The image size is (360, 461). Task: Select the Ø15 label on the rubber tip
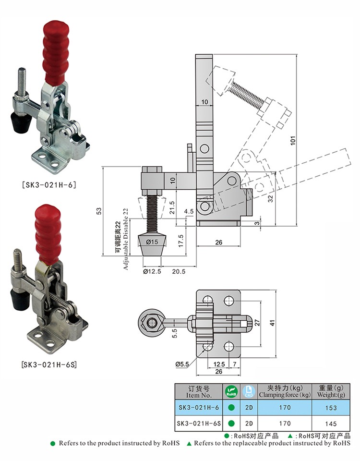(x=153, y=242)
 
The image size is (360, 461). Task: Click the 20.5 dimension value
(x=179, y=271)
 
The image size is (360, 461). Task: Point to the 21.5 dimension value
(x=172, y=206)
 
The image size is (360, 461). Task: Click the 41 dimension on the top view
(x=273, y=323)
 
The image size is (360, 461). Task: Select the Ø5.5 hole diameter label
(x=182, y=364)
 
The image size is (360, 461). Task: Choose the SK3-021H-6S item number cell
(x=198, y=424)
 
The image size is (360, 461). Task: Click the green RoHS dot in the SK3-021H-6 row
(x=231, y=408)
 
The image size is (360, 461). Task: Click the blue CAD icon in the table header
(x=248, y=391)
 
